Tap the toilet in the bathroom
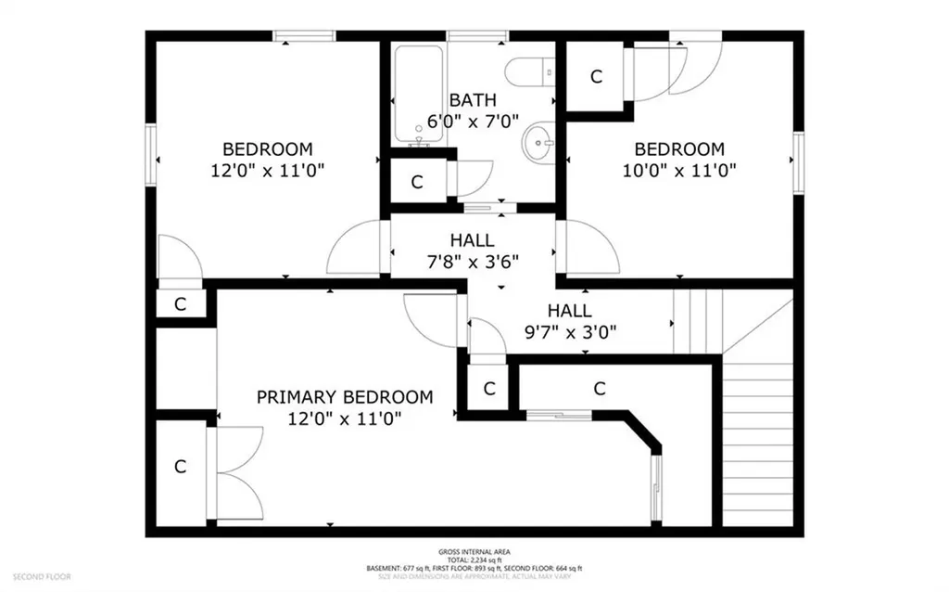coord(537,71)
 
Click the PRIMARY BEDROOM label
coord(344,397)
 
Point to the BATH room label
coord(473,100)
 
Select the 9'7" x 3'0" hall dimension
coord(569,330)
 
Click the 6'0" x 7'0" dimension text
coord(473,121)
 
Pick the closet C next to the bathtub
coord(417,182)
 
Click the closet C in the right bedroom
coord(596,77)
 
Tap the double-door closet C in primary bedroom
coord(181,467)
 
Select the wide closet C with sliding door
coord(600,388)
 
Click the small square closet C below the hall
coord(488,388)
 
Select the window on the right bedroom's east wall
coord(798,162)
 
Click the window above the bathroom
coord(476,36)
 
